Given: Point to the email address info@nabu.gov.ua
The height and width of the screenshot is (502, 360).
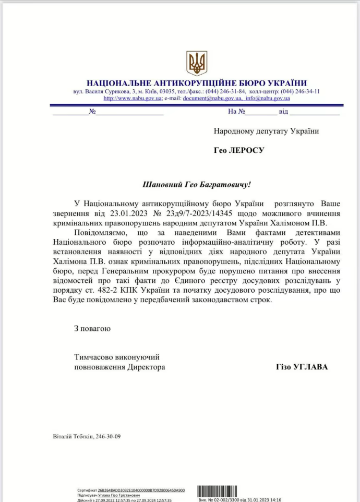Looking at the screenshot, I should pos(268,98).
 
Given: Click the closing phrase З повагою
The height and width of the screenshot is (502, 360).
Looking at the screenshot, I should pos(92,329).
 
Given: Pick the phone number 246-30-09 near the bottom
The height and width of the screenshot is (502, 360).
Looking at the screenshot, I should pos(109,436).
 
